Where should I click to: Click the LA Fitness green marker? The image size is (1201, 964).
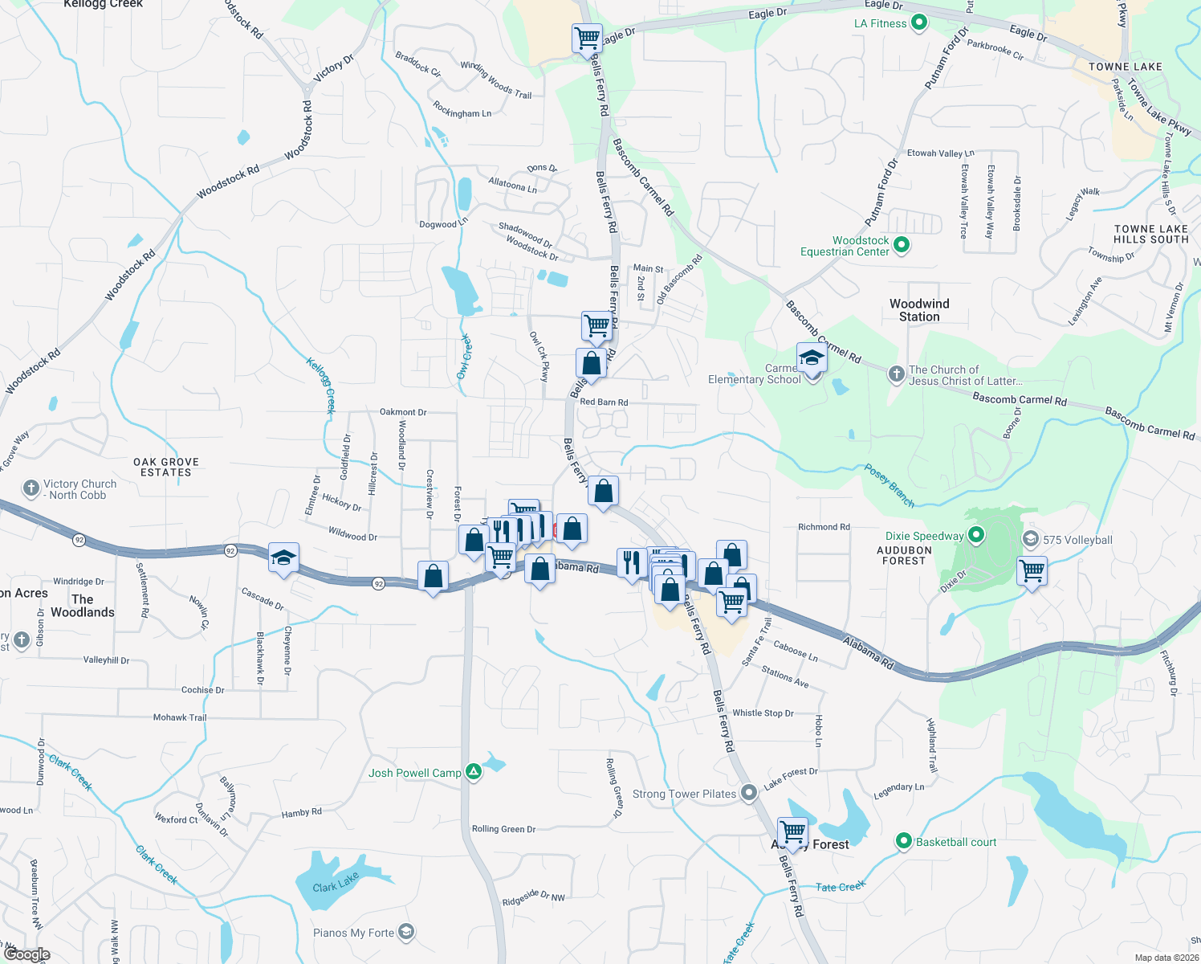pyautogui.click(x=919, y=23)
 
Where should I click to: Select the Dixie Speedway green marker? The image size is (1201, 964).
pyautogui.click(x=976, y=535)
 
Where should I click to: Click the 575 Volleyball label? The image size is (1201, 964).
pyautogui.click(x=1077, y=540)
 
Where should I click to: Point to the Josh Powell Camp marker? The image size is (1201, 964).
pyautogui.click(x=474, y=773)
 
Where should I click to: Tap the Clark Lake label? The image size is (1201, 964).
pyautogui.click(x=336, y=884)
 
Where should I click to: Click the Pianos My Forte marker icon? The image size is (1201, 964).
pyautogui.click(x=406, y=933)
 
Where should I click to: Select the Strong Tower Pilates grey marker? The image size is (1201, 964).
pyautogui.click(x=748, y=794)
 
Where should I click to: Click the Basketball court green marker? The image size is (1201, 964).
pyautogui.click(x=904, y=842)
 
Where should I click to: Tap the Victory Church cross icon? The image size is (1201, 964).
pyautogui.click(x=31, y=488)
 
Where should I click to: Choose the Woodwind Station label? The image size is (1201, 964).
pyautogui.click(x=919, y=310)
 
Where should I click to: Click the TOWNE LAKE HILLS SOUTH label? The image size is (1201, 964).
pyautogui.click(x=1150, y=234)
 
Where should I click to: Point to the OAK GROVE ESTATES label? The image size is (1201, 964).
pyautogui.click(x=166, y=468)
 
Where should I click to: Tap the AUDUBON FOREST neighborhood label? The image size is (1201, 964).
pyautogui.click(x=904, y=555)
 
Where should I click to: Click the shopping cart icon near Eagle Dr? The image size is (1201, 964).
pyautogui.click(x=587, y=38)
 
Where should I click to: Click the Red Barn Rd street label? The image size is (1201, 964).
pyautogui.click(x=604, y=402)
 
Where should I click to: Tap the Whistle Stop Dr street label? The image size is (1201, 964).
pyautogui.click(x=763, y=713)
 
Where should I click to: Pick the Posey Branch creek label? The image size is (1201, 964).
pyautogui.click(x=889, y=485)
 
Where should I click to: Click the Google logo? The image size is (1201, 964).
pyautogui.click(x=26, y=954)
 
